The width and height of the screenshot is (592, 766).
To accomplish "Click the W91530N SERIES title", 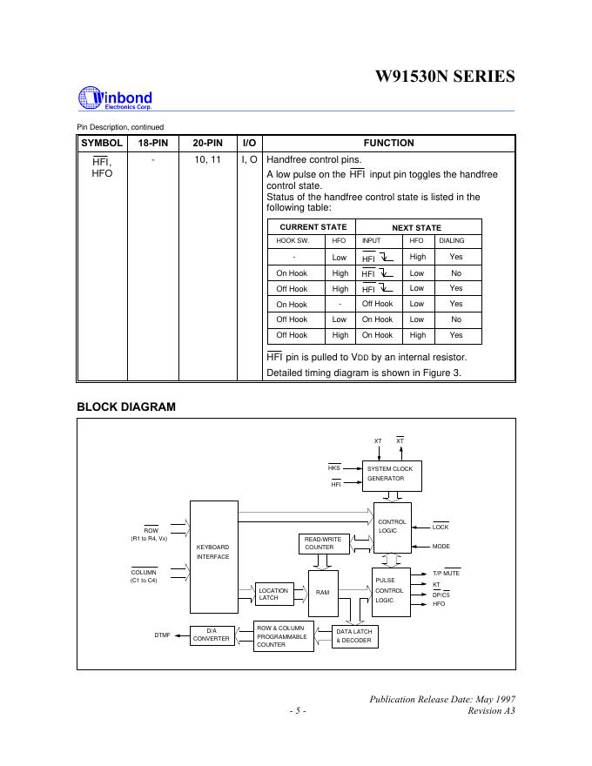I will click(443, 77).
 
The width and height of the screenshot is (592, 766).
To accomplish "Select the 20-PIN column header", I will click(206, 143).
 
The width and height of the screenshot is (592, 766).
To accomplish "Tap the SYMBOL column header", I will click(102, 143).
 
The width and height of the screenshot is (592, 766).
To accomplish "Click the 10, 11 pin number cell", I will click(206, 161).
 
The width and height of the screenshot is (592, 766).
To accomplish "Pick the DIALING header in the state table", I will click(451, 240).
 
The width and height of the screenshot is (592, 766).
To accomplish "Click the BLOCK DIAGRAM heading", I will click(126, 407).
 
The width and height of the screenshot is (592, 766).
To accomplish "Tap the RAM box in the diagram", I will click(322, 593).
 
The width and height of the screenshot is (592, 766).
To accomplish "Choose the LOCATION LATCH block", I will click(274, 595).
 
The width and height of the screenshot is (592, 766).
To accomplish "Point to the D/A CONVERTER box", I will click(211, 635).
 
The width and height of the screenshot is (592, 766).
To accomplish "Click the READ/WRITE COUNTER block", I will click(322, 543).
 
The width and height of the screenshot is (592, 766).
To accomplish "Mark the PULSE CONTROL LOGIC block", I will click(390, 590).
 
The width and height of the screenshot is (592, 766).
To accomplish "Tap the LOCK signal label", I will click(441, 527).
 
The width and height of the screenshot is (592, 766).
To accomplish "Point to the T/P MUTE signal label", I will click(446, 574).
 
